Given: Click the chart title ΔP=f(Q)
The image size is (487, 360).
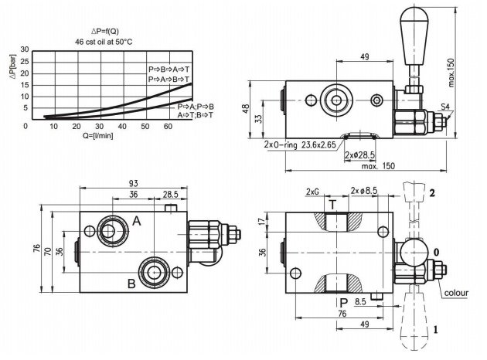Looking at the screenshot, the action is [x=105, y=31].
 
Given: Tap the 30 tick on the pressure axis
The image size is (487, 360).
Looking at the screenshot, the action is [x=25, y=49].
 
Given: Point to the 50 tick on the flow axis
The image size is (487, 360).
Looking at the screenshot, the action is [x=145, y=127].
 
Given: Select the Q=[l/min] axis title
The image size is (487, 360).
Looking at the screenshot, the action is [x=98, y=136].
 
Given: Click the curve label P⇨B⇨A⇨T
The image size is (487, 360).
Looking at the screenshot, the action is [x=169, y=70].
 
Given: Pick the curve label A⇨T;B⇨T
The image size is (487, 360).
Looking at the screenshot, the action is [x=196, y=115].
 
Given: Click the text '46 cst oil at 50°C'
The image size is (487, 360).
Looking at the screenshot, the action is [x=104, y=42].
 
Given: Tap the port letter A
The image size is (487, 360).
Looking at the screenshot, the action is [x=137, y=221].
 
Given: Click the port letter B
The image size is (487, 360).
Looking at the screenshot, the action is [x=131, y=284].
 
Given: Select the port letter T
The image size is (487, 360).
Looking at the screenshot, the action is [x=332, y=205].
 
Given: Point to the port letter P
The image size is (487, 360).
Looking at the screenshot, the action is [x=343, y=303].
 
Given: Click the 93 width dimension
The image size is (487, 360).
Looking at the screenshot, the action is [x=134, y=183].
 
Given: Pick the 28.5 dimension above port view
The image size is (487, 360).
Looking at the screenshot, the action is [x=171, y=194].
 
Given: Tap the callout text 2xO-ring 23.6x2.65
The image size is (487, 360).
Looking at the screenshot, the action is [x=300, y=144].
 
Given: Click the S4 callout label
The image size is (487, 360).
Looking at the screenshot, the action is [x=445, y=107].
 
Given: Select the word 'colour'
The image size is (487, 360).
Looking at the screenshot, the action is [x=456, y=293].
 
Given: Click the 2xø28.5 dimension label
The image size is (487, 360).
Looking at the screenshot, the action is [x=359, y=155].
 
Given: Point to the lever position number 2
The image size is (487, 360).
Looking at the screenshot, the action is [x=432, y=193].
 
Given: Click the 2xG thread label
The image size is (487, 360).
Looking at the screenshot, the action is [x=312, y=192].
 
